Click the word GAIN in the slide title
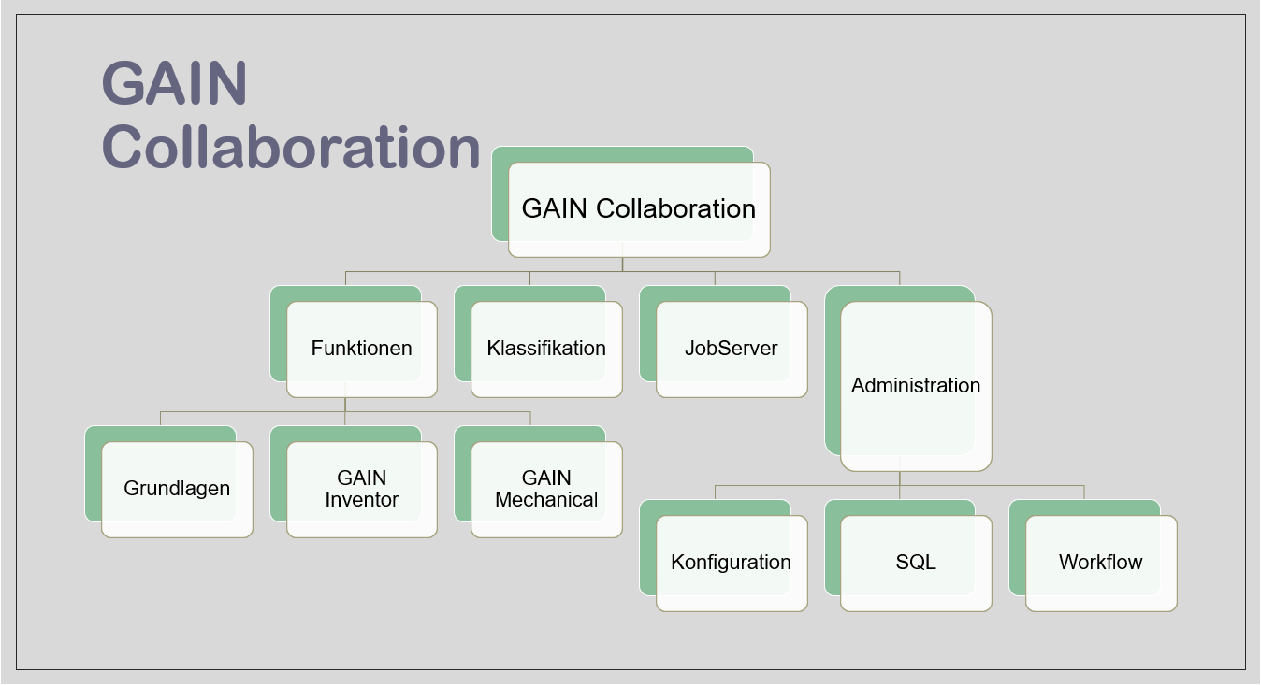tap(174, 84)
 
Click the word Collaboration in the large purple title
tap(290, 148)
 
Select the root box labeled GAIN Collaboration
tap(639, 209)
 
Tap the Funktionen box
tap(362, 349)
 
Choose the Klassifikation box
tap(546, 349)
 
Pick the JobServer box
tap(732, 349)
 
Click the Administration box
tap(916, 386)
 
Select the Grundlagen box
tap(177, 489)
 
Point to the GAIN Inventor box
tap(362, 489)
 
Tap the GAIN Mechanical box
tap(546, 489)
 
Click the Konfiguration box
tap(732, 563)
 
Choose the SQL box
tap(916, 563)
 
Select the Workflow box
tap(1101, 563)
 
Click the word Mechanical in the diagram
tap(546, 500)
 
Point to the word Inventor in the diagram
tap(362, 500)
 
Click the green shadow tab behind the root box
tap(500, 196)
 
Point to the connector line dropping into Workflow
tap(1084, 492)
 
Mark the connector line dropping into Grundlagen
tap(161, 418)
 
